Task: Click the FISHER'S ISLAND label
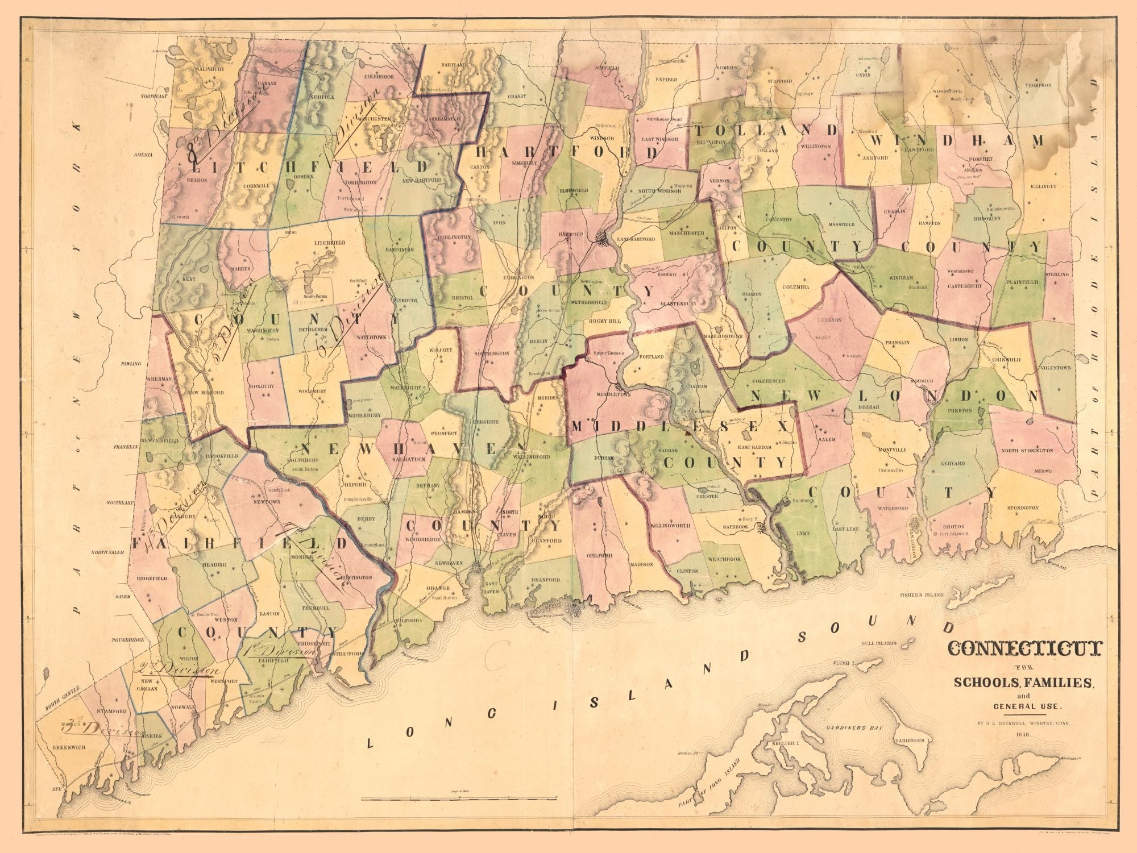point(921,595)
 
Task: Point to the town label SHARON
point(196,179)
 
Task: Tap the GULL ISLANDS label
point(879,643)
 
